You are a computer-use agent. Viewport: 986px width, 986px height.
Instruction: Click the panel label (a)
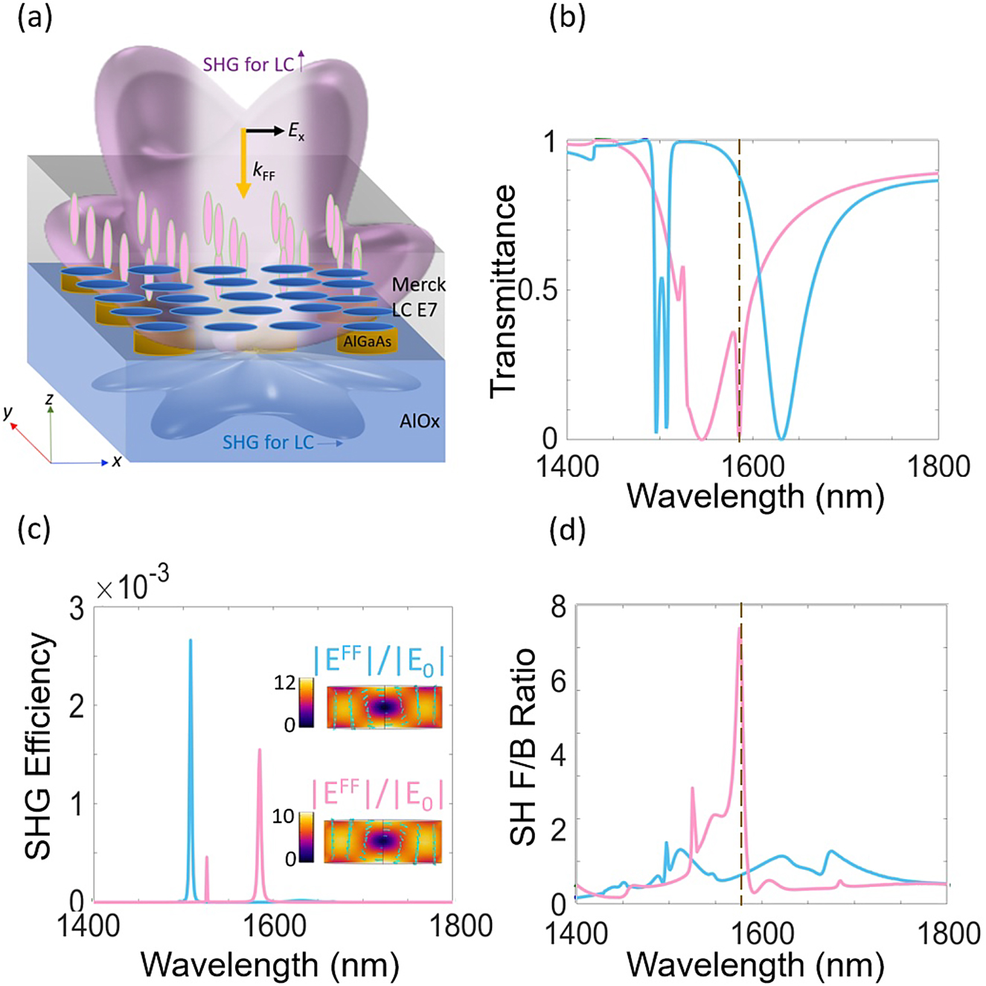point(35,18)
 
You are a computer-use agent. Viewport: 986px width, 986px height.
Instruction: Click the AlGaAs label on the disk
point(367,342)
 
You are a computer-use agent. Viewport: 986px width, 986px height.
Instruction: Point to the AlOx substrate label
point(420,421)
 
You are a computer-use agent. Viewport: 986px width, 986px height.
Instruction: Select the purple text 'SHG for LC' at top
point(249,65)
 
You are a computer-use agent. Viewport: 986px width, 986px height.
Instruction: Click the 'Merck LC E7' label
point(418,296)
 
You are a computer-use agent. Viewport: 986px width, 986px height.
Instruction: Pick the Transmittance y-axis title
point(504,290)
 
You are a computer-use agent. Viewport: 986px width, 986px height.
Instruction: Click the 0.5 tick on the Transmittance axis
point(537,290)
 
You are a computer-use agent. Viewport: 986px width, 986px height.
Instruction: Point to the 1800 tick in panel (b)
point(936,467)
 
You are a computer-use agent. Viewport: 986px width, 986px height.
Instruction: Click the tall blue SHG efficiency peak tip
point(191,640)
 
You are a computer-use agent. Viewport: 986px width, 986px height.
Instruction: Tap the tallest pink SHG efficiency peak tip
point(260,750)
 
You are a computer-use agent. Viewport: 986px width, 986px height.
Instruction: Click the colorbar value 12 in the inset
point(285,682)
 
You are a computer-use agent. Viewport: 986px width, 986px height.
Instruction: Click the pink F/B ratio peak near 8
point(739,629)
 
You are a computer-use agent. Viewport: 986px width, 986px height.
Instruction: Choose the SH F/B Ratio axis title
point(523,747)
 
